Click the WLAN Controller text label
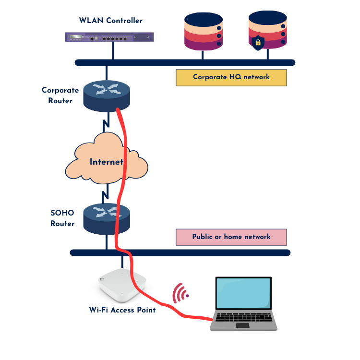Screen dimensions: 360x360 click(x=111, y=21)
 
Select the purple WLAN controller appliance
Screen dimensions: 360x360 click(x=109, y=37)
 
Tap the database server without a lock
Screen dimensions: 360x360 click(x=204, y=31)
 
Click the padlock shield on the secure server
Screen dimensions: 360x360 click(x=258, y=42)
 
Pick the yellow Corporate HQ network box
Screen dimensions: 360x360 click(x=231, y=78)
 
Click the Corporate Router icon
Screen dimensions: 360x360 click(x=107, y=96)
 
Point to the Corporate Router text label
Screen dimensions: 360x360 click(x=60, y=96)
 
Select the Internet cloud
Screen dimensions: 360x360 click(x=107, y=158)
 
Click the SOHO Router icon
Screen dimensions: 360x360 click(x=107, y=219)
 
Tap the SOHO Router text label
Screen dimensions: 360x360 click(x=62, y=218)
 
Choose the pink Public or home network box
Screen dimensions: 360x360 click(x=231, y=237)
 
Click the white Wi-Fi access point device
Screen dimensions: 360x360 click(x=122, y=285)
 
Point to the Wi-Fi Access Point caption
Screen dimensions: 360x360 click(x=122, y=310)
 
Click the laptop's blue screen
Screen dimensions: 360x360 click(x=243, y=293)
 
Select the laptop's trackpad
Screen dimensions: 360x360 click(x=243, y=325)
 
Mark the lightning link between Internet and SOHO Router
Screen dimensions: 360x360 click(x=105, y=194)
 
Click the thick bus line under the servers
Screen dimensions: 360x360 click(x=185, y=62)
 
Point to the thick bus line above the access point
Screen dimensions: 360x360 click(x=180, y=252)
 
